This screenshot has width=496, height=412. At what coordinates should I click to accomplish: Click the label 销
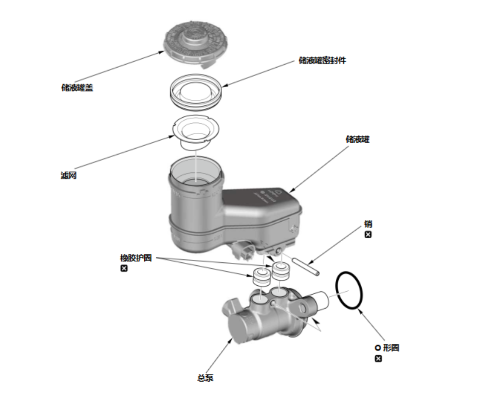tap(368, 224)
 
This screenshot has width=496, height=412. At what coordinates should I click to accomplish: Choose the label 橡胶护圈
tap(136, 258)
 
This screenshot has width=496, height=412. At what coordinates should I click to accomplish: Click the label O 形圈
tap(387, 348)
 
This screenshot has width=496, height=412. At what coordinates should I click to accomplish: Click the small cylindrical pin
tap(306, 267)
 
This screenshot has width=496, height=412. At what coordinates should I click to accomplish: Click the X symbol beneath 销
tap(368, 235)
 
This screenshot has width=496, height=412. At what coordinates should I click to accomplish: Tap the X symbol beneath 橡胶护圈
tap(124, 268)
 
